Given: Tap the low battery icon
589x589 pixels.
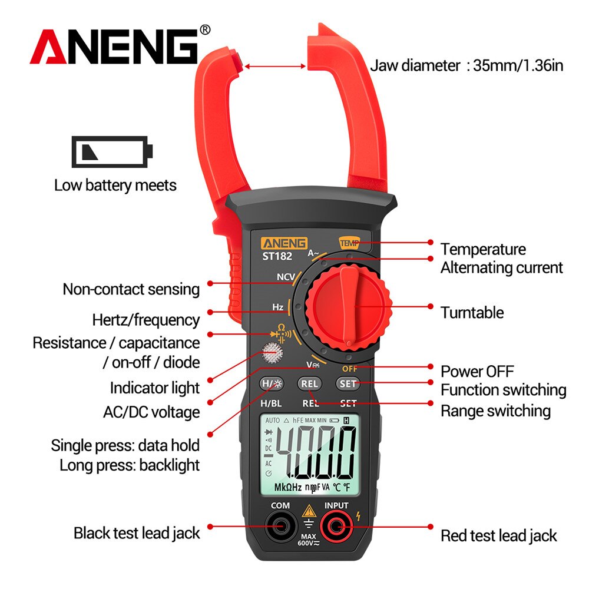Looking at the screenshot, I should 112,151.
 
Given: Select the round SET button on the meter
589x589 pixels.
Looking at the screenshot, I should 348,383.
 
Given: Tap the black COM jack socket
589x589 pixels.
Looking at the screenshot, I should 280,525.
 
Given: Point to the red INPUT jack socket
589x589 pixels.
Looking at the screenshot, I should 336,525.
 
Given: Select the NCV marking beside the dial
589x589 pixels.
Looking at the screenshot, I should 286,277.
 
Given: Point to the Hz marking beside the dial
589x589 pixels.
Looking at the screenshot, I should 278,307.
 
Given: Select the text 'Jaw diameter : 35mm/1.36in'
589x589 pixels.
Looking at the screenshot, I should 466,65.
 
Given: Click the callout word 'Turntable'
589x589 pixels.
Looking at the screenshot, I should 472,312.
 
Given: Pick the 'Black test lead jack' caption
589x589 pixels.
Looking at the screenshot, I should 137,533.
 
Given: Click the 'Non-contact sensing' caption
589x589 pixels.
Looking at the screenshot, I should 131,289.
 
